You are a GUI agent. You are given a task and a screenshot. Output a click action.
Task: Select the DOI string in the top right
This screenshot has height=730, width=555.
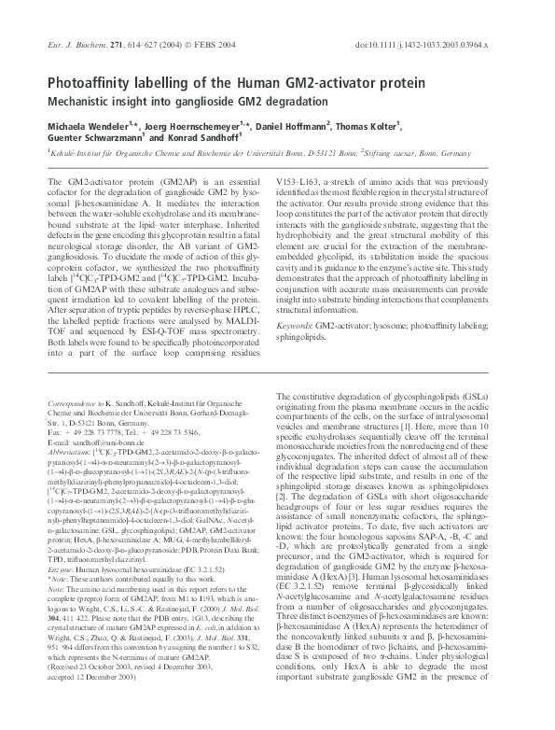pyautogui.click(x=437, y=44)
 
